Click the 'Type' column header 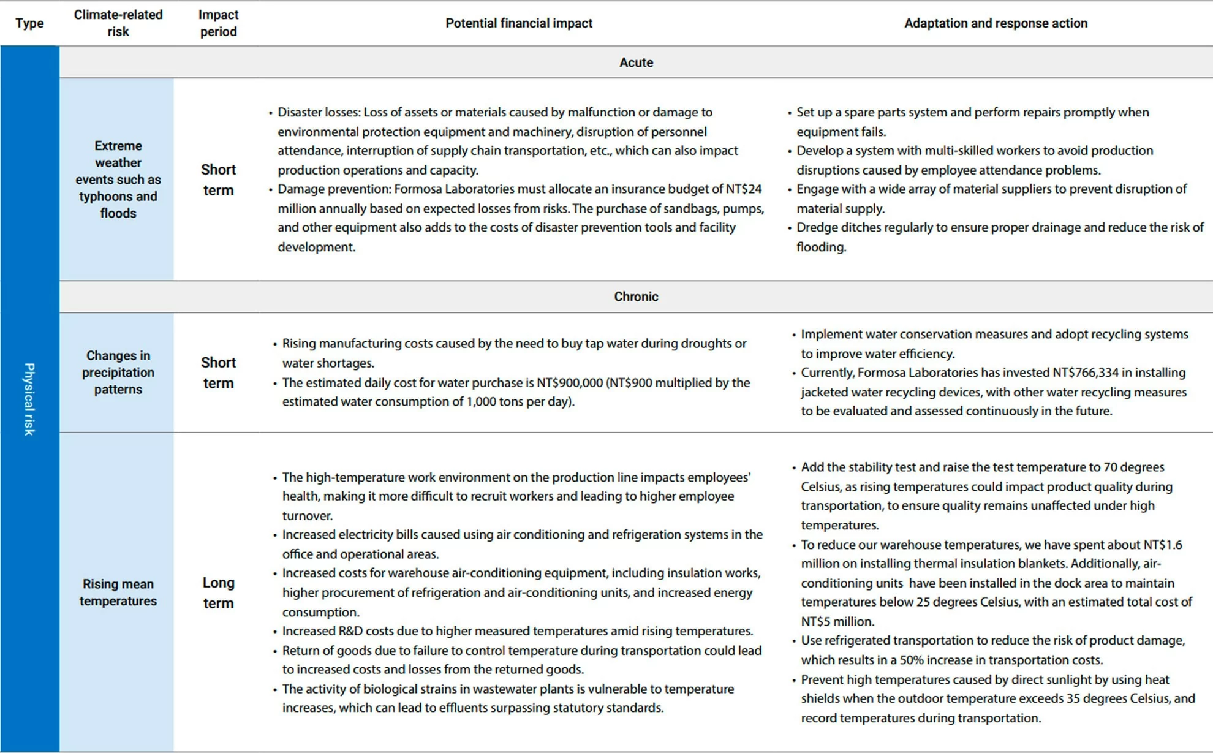point(29,23)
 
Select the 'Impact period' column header point(218,23)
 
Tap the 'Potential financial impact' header point(518,23)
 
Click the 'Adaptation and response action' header point(996,23)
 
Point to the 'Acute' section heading point(636,62)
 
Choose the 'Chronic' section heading point(636,297)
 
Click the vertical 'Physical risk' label point(29,399)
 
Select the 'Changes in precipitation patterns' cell point(118,373)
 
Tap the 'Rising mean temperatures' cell point(118,592)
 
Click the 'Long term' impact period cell point(218,592)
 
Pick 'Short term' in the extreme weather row point(218,180)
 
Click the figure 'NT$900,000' point(570,383)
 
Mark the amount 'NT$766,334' point(1085,373)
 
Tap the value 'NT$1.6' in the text point(1162,545)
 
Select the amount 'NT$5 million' point(837,621)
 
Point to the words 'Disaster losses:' point(319,112)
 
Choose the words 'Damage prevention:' point(334,189)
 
